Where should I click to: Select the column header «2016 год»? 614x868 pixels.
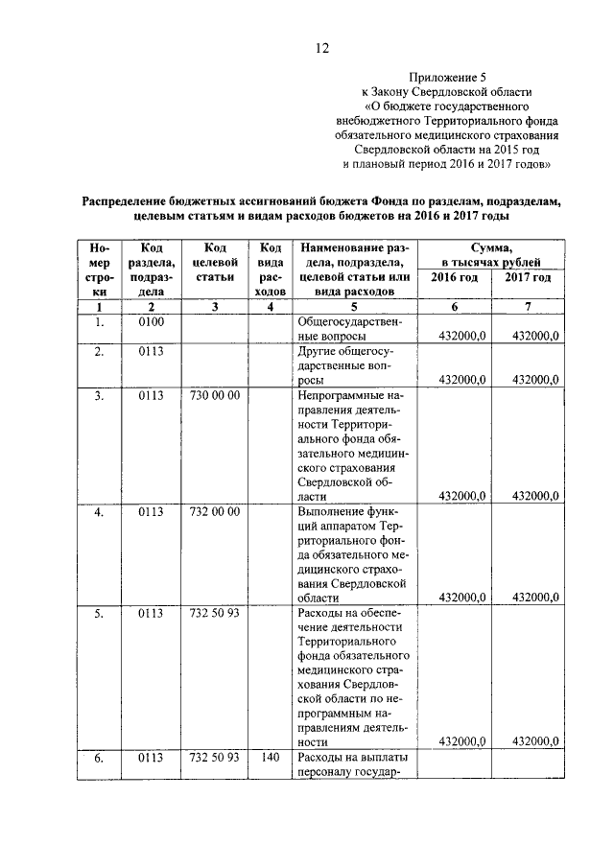click(x=454, y=277)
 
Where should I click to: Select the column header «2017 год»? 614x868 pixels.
click(x=528, y=277)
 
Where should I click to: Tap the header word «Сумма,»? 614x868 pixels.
click(x=490, y=247)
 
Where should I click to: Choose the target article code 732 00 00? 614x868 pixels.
click(x=215, y=511)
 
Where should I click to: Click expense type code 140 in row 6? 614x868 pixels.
click(x=270, y=758)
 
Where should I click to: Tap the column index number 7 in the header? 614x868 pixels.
click(x=528, y=307)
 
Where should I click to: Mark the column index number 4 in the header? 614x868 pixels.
click(x=271, y=307)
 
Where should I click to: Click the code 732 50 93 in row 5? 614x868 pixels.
click(x=215, y=613)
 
